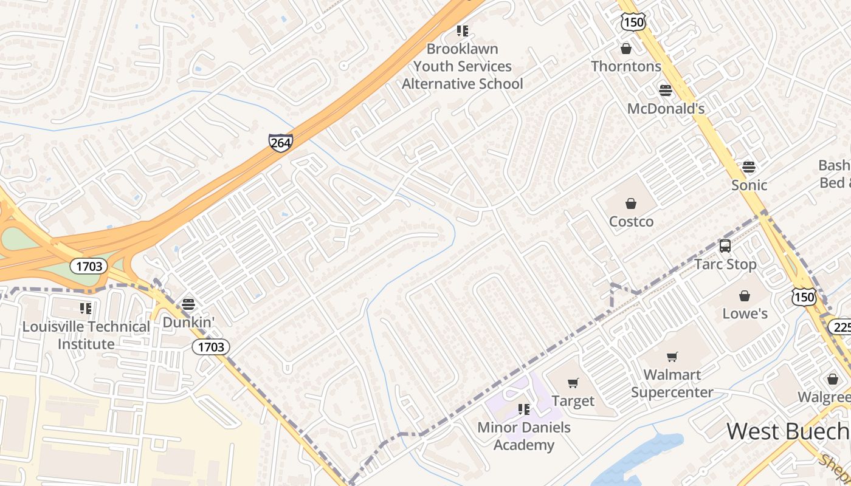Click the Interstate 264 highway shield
280,143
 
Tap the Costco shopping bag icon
631,204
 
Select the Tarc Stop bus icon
725,246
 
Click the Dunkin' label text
188,323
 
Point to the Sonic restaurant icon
749,166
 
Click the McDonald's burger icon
666,91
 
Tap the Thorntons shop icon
626,49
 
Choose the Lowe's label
745,313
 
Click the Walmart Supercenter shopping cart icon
672,357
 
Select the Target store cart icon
573,383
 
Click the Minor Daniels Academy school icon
523,409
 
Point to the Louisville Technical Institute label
86,335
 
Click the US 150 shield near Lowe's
804,297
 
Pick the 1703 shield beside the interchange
89,266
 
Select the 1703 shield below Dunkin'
211,347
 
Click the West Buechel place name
788,431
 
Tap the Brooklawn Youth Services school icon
463,30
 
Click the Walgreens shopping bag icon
832,379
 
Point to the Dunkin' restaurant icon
188,304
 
